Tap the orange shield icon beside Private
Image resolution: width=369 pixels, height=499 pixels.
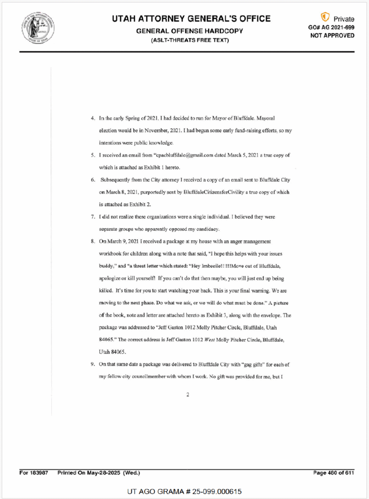coord(325,18)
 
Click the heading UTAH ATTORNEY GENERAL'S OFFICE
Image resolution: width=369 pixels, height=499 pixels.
coord(191,19)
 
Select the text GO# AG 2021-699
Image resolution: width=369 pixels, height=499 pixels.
coord(331,27)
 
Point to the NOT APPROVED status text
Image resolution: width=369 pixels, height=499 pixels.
coord(332,36)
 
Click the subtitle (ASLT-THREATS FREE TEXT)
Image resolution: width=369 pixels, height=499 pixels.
coord(190,40)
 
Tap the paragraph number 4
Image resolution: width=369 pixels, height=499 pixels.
coord(93,118)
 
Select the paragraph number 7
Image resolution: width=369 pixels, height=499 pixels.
coord(93,216)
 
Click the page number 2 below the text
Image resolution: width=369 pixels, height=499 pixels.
coord(188,395)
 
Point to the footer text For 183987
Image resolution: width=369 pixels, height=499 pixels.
coord(34,473)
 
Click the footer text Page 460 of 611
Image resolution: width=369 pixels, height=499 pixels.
coord(334,473)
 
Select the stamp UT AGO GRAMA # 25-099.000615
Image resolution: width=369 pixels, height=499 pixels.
coord(184,491)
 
